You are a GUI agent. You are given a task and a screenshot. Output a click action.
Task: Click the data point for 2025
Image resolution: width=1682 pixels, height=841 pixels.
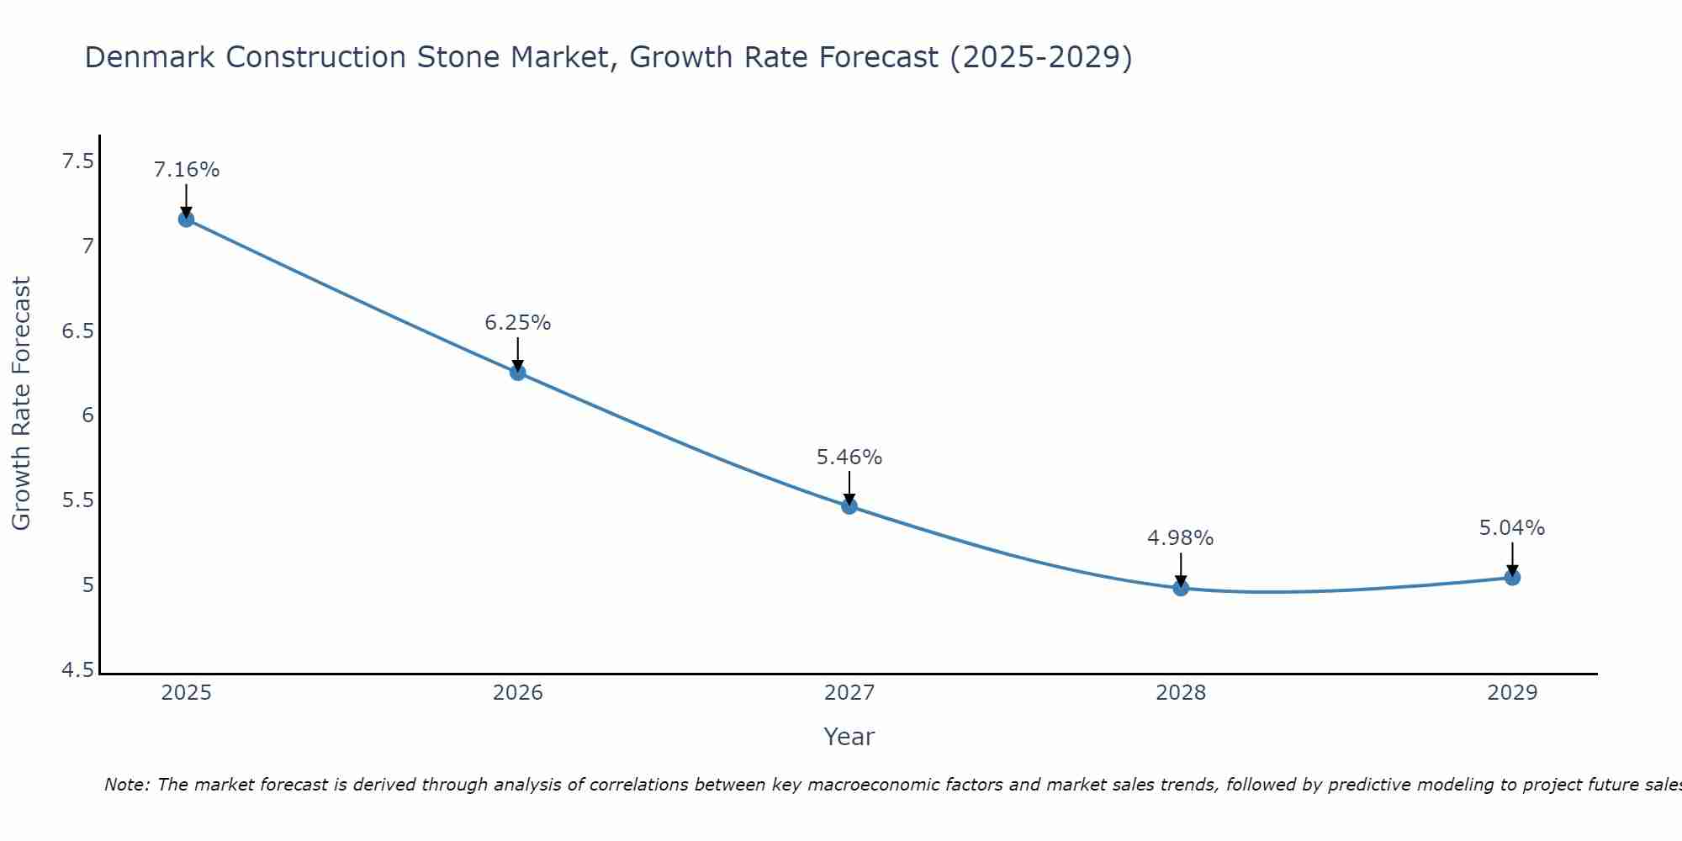point(186,220)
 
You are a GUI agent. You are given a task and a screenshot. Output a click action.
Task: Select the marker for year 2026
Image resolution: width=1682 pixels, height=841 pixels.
point(518,373)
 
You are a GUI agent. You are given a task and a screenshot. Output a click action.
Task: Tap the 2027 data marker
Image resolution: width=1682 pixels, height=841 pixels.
point(849,506)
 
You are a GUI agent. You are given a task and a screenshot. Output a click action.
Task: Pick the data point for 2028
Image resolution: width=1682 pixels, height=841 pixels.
point(1181,588)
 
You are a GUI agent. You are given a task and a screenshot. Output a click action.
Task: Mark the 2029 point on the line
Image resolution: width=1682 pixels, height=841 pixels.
point(1512,578)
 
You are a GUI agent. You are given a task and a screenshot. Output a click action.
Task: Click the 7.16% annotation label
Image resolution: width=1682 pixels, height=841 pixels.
point(186,170)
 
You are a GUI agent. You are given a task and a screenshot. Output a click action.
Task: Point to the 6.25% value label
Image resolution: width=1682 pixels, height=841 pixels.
point(518,323)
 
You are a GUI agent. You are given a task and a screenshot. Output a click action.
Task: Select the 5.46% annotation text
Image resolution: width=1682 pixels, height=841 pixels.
point(849,458)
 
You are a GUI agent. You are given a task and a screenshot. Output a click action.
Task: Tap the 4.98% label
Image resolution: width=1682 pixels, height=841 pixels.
point(1181,538)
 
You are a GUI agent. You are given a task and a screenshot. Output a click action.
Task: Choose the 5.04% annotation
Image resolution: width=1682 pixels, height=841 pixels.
point(1512,528)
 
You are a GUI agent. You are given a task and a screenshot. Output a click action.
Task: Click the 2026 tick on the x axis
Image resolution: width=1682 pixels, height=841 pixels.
point(518,693)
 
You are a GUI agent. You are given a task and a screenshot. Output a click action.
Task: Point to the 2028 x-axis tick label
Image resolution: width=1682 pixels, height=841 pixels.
point(1181,693)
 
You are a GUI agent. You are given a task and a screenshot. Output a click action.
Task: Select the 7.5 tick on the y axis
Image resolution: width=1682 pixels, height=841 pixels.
point(78,161)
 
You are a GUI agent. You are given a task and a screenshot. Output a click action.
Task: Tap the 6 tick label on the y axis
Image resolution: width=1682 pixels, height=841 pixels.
point(87,415)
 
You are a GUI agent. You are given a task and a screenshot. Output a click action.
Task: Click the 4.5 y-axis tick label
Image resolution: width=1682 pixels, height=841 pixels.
point(78,670)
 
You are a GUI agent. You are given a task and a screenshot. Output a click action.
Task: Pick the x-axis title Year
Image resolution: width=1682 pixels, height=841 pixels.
point(849,737)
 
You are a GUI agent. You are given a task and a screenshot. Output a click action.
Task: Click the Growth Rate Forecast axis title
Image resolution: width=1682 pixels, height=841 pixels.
point(21,404)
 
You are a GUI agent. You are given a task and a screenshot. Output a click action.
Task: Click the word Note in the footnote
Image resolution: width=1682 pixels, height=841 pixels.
point(126,785)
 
